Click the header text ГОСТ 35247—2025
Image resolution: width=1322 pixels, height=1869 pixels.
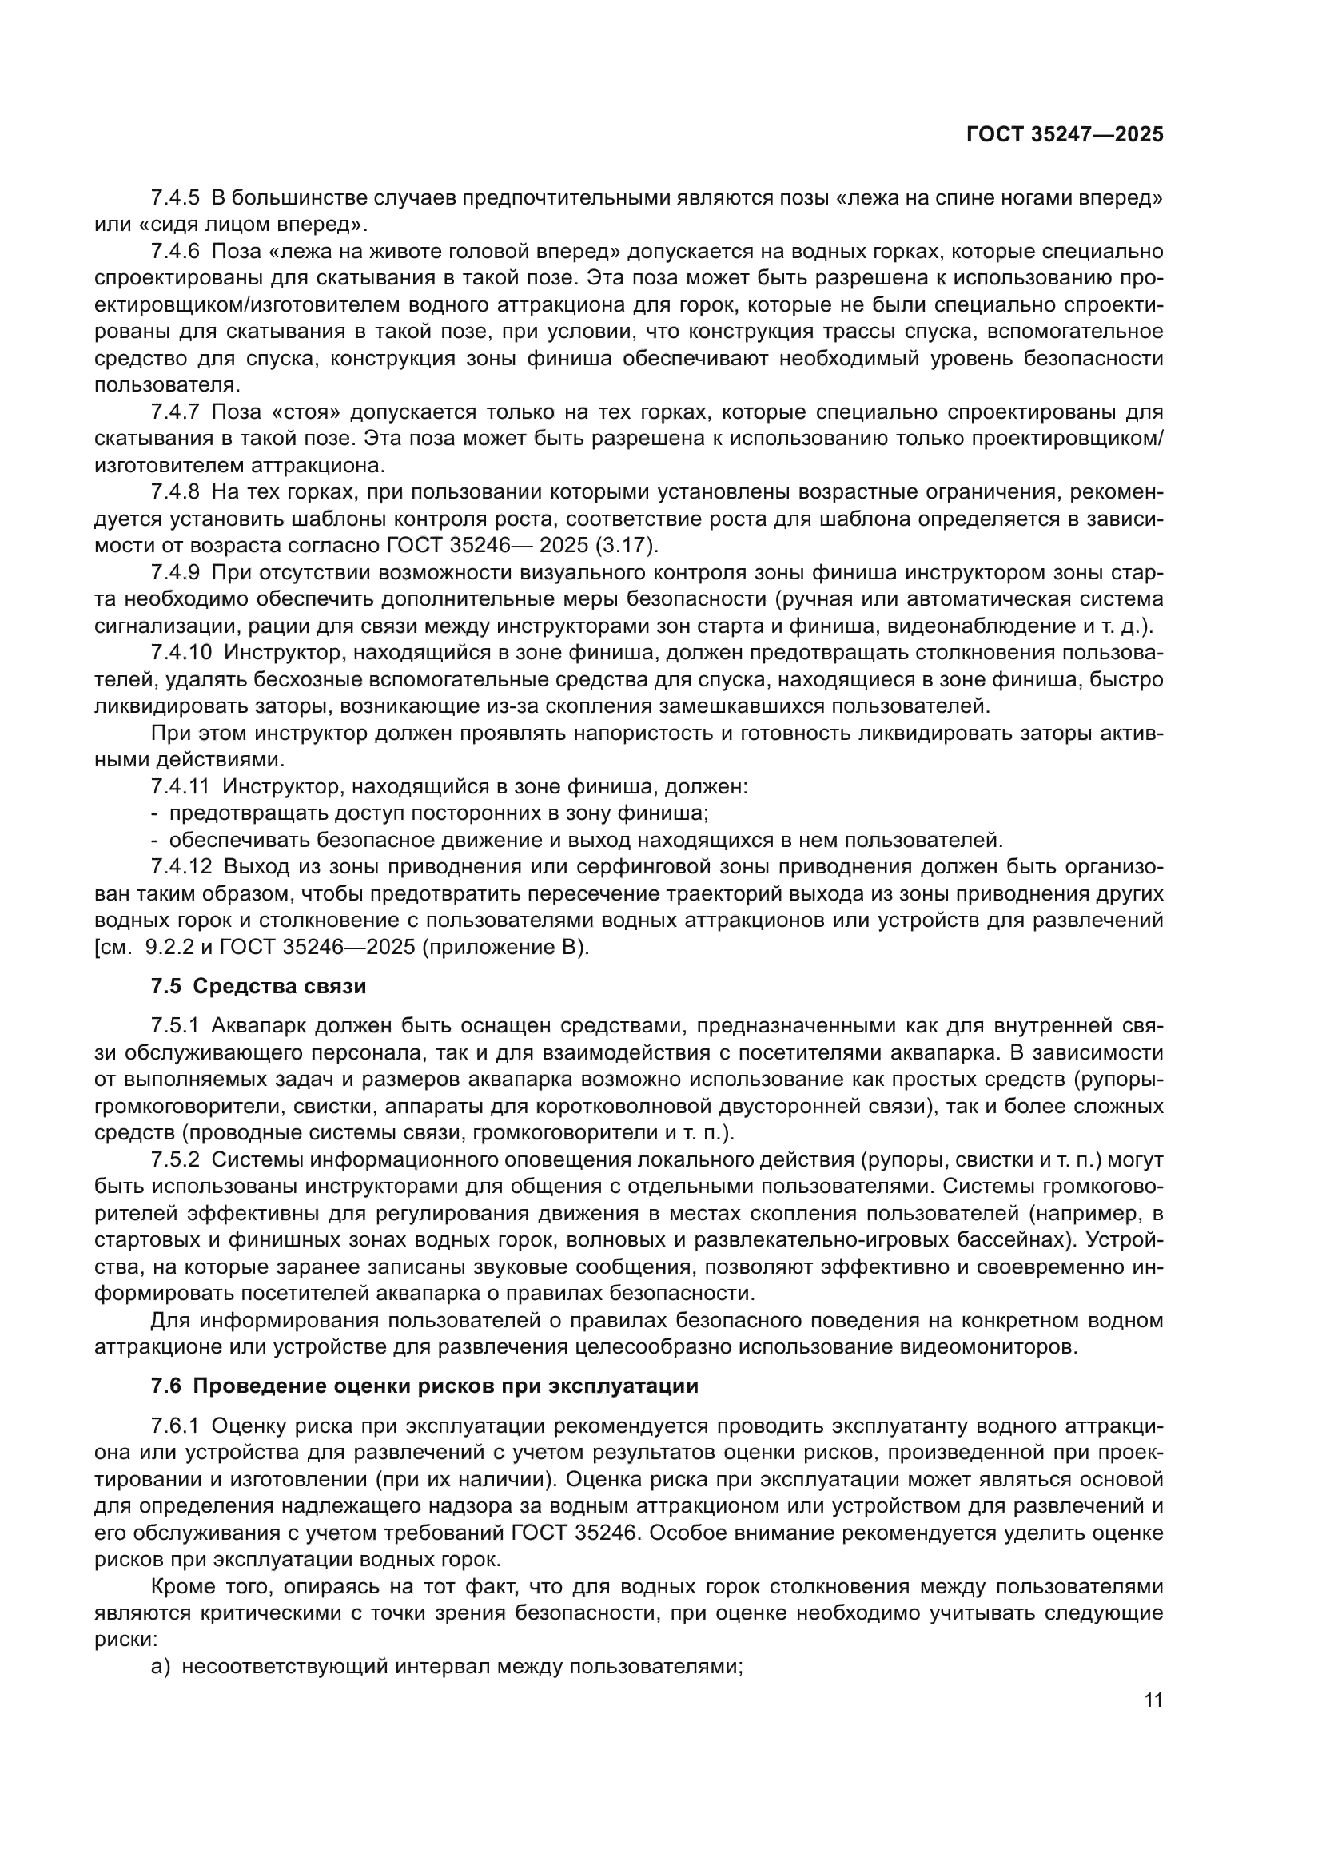(1064, 134)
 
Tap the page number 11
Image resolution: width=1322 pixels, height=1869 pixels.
(1153, 1700)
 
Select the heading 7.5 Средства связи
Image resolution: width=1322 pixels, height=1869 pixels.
(258, 987)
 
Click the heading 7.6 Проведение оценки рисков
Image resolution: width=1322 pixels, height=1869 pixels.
(424, 1386)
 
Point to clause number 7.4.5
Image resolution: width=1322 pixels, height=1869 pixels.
(175, 198)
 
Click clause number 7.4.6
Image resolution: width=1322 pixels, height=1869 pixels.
(175, 252)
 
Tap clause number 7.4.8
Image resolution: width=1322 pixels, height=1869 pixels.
(175, 491)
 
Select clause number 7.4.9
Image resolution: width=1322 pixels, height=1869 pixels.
(175, 572)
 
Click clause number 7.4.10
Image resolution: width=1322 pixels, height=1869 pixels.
(181, 653)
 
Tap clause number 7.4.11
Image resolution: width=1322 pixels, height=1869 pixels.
(181, 787)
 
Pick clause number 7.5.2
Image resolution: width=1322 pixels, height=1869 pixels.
(175, 1159)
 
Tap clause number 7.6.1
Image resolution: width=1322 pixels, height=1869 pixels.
(175, 1426)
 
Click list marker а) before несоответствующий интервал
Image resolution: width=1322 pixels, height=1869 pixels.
(161, 1667)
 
